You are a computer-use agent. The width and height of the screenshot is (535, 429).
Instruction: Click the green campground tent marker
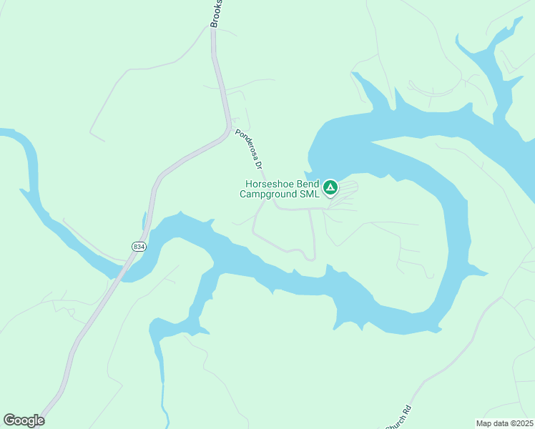330,188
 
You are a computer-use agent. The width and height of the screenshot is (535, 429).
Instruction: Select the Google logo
24,420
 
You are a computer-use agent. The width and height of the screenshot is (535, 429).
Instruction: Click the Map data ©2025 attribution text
505,423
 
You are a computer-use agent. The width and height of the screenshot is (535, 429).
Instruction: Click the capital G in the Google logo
9,420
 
